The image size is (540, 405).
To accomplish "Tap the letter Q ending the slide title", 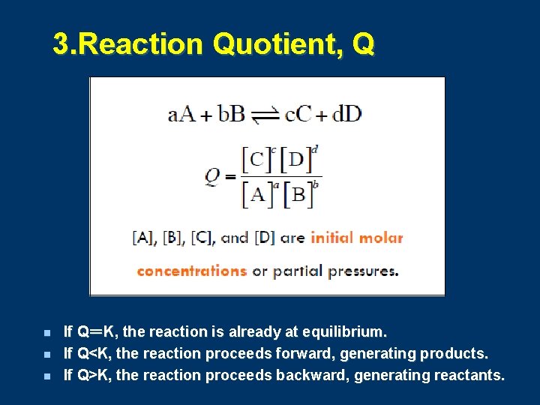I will coord(361,45).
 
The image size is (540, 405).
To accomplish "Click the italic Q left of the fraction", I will coord(213,177).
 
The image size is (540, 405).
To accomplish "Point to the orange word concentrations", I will coord(191,271).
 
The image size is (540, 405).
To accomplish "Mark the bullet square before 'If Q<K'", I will coord(46,353).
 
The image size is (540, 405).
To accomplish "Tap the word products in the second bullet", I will coord(454,353).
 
